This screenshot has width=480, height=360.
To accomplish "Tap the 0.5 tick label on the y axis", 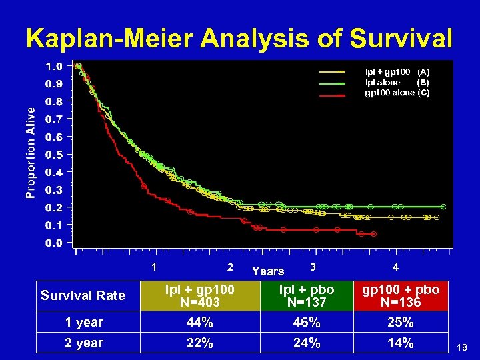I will point(54,155).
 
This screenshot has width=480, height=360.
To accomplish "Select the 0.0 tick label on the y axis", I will point(54,243).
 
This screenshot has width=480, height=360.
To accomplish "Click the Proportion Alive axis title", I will point(31,153).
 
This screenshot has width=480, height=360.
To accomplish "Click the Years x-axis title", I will point(268,271).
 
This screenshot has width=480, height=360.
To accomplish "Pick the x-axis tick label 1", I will point(155,267).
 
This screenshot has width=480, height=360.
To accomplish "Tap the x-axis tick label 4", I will point(396,267).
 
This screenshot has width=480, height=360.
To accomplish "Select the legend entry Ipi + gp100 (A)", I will point(397,71).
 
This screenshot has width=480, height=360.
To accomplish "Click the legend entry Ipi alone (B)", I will point(397,82).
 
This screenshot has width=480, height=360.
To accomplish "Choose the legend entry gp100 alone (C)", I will point(397,93).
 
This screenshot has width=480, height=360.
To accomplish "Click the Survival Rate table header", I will point(83,295).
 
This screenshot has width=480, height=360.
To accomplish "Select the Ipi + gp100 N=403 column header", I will point(200,295).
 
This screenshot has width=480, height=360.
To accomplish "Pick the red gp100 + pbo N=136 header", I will point(400,295).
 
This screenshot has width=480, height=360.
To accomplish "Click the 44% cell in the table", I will point(200,323).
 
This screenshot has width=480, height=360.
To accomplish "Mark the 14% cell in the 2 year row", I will point(400,343).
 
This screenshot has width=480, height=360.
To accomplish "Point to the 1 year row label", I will point(84,323).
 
